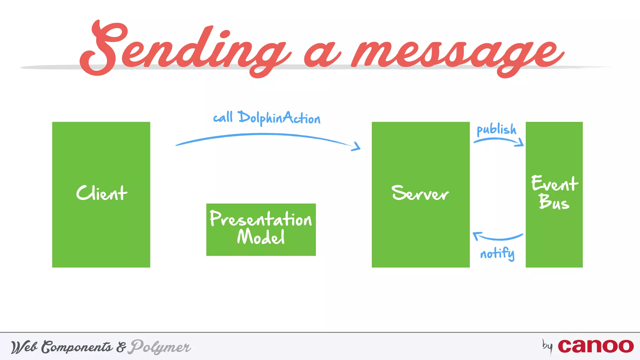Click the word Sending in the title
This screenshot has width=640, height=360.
point(184,50)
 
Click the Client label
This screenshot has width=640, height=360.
point(102,193)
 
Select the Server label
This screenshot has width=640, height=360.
point(420,193)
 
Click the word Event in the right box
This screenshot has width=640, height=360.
point(554,183)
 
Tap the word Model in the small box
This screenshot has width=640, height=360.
point(261,237)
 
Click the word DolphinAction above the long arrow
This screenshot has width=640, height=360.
point(279,118)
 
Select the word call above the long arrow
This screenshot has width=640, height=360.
point(223,117)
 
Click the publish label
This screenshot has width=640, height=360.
point(496,129)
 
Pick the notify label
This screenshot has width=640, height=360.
point(497,253)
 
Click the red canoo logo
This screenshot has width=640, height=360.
point(596,346)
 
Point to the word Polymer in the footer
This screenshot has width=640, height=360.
point(160,347)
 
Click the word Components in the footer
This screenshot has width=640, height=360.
point(77,347)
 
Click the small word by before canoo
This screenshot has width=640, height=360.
point(547,346)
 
